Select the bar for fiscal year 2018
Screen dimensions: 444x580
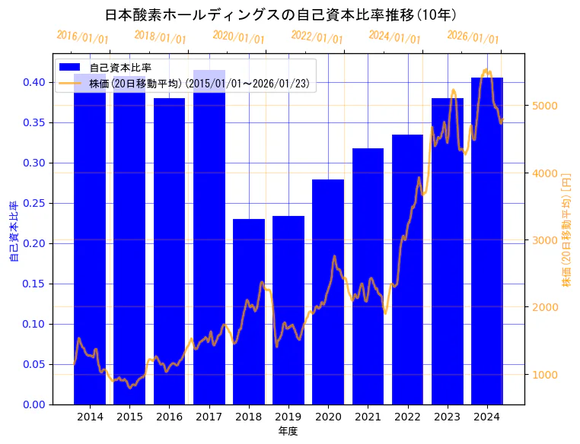[249, 311]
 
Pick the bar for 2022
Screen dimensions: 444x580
[407, 269]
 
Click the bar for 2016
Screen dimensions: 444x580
[169, 251]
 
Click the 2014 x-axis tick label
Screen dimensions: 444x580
[90, 417]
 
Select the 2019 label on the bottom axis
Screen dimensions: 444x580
[288, 417]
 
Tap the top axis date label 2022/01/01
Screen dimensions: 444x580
[317, 37]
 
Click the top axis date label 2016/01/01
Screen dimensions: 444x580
[82, 37]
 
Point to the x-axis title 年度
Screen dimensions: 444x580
[288, 431]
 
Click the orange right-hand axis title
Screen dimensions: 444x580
[566, 229]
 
